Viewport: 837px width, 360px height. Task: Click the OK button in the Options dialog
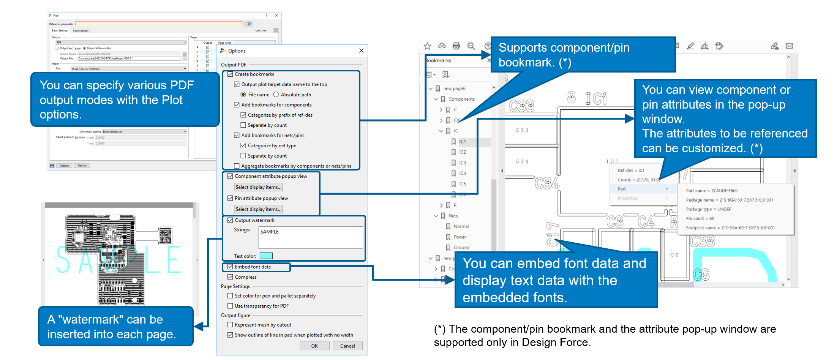(x=314, y=346)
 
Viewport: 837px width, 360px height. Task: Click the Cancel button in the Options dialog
(x=347, y=346)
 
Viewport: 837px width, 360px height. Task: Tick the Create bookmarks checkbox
(x=230, y=74)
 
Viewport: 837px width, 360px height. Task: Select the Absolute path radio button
(x=276, y=95)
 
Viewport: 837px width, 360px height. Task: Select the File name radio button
(x=243, y=95)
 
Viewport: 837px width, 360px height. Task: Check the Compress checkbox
(x=230, y=277)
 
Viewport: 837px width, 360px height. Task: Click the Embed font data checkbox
(x=230, y=267)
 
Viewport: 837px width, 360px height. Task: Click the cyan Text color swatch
(x=266, y=256)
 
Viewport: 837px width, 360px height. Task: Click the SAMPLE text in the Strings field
(x=270, y=232)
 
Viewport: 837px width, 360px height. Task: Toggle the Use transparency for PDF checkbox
(x=230, y=306)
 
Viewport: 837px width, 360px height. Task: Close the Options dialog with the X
(x=361, y=51)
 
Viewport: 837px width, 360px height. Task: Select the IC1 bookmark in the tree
(x=462, y=142)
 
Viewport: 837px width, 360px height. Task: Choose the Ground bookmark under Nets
(x=461, y=248)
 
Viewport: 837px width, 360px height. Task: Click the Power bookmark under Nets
(x=460, y=237)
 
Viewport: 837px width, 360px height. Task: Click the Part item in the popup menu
(x=622, y=189)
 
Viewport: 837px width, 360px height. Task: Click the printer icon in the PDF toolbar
(x=456, y=46)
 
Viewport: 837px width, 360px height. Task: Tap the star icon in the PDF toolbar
(x=427, y=46)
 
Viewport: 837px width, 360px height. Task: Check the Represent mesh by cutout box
(x=230, y=325)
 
